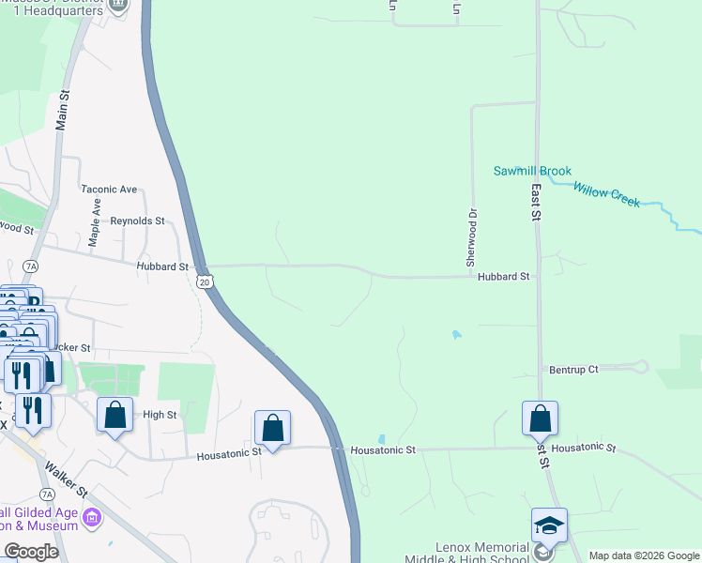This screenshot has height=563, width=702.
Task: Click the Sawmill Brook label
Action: click(532, 171)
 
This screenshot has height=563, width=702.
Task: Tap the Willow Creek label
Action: click(606, 194)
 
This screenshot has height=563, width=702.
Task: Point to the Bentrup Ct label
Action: click(573, 370)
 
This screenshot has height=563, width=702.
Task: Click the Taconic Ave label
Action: click(109, 189)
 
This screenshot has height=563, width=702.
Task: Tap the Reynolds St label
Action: click(137, 221)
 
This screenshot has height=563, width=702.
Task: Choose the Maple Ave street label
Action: click(95, 221)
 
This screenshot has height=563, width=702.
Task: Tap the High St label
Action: click(160, 414)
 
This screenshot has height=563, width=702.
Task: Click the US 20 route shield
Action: click(206, 281)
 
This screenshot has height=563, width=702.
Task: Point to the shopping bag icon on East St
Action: click(541, 418)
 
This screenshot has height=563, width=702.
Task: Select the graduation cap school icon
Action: click(549, 525)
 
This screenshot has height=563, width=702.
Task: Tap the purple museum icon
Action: click(92, 518)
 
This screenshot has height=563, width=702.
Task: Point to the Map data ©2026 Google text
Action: click(643, 555)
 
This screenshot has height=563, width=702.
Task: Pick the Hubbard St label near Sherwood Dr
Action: click(503, 277)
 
